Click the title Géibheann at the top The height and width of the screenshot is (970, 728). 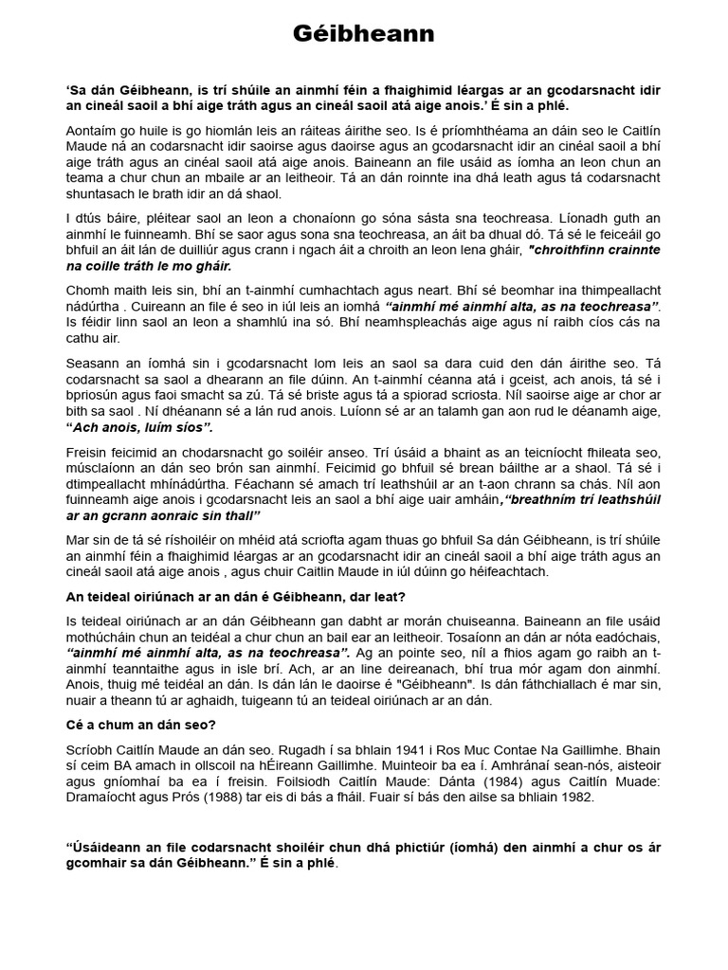pyautogui.click(x=363, y=35)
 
